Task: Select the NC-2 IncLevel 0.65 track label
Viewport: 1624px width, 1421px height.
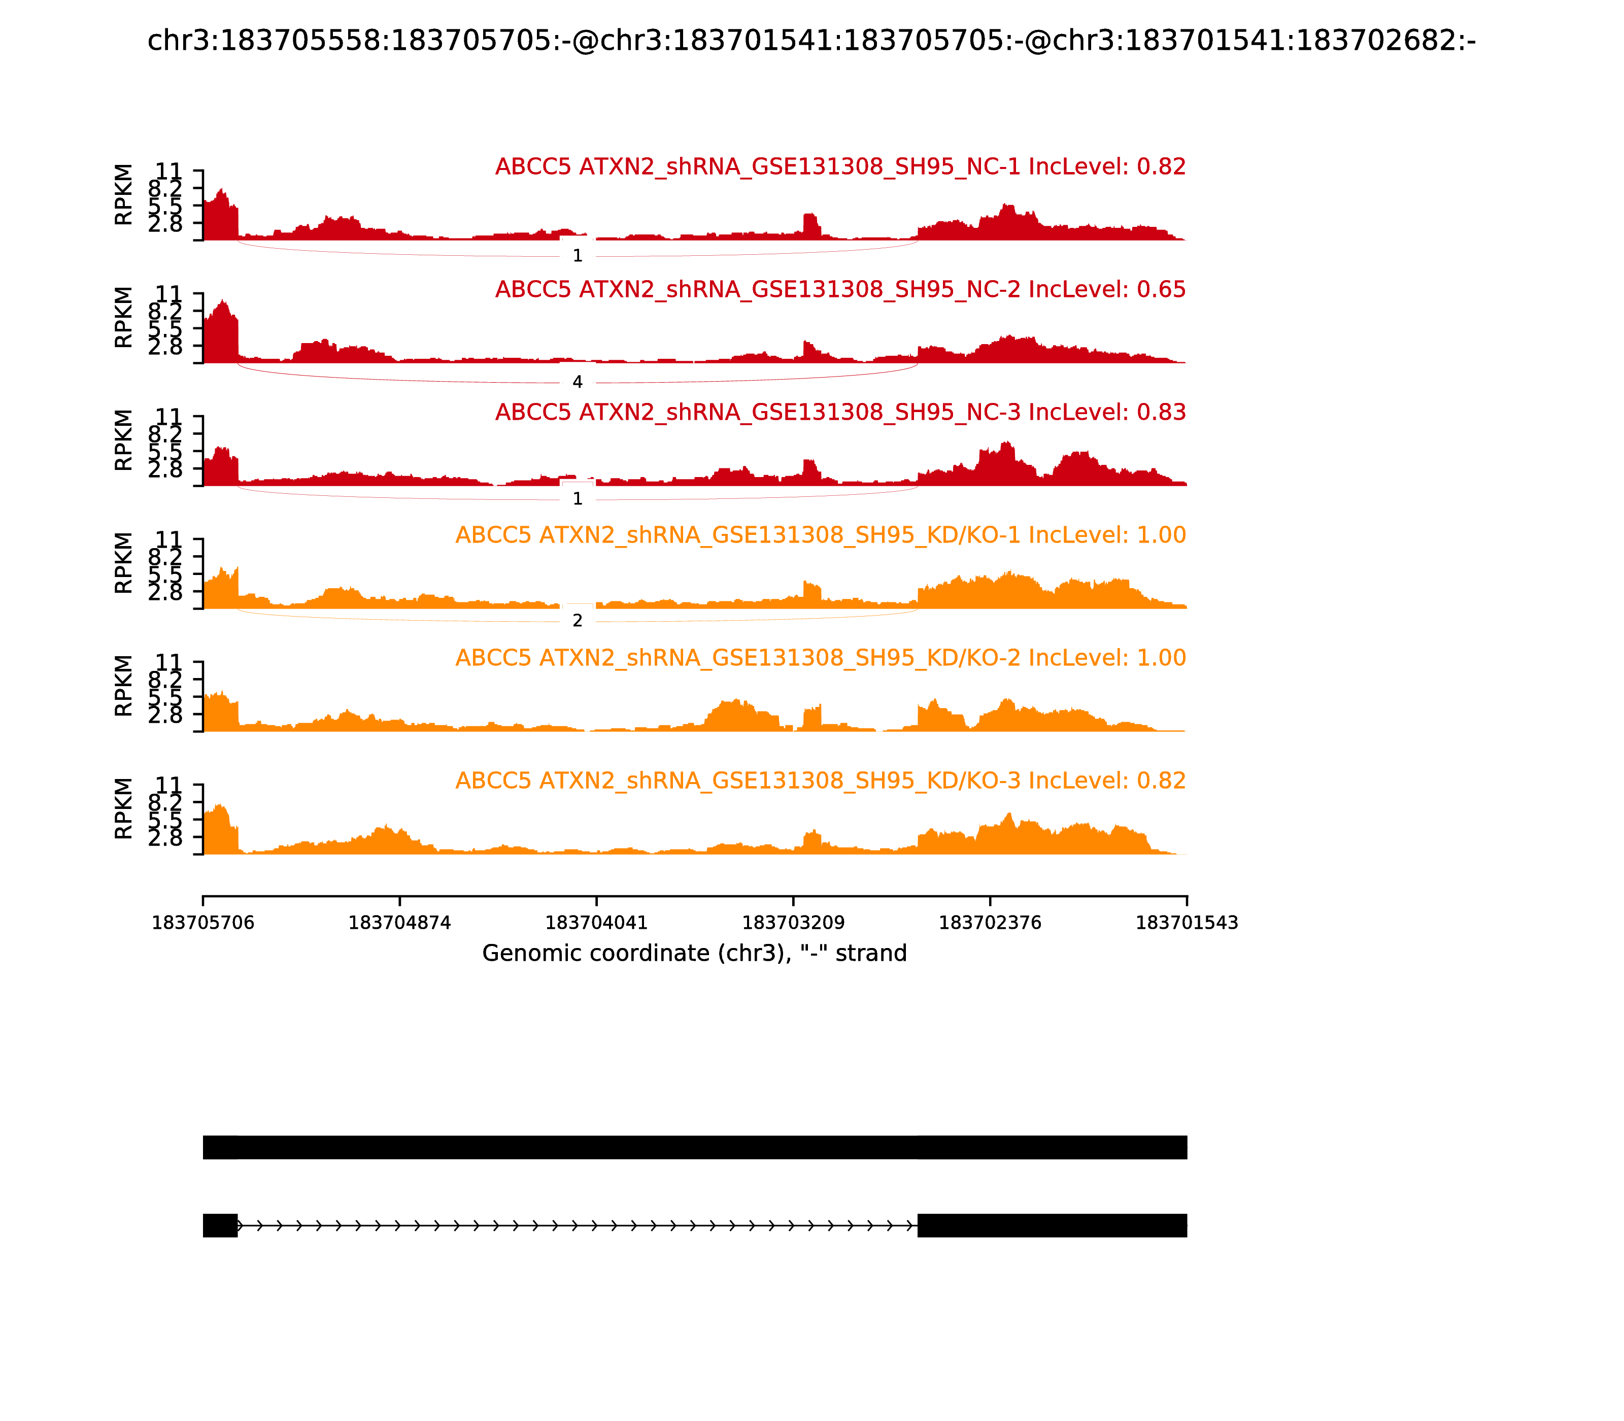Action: click(x=840, y=289)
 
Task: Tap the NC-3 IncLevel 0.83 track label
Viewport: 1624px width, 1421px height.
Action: click(x=840, y=412)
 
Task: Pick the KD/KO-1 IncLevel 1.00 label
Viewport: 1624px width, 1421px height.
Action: click(x=820, y=535)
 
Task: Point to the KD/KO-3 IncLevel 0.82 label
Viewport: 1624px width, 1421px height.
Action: click(x=820, y=781)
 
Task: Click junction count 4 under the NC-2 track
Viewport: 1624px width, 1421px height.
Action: click(x=578, y=382)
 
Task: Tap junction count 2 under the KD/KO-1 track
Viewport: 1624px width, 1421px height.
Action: click(x=578, y=621)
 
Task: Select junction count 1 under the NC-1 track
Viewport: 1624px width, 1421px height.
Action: click(x=578, y=256)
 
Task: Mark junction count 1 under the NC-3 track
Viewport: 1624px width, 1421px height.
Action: click(x=578, y=499)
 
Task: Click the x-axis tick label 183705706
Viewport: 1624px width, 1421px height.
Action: click(x=203, y=923)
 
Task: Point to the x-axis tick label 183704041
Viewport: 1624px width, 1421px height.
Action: click(x=596, y=923)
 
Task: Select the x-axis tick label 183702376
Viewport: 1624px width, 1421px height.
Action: click(x=990, y=923)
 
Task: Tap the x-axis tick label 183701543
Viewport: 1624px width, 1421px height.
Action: click(x=1187, y=923)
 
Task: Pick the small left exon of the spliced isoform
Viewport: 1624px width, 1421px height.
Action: click(x=220, y=1225)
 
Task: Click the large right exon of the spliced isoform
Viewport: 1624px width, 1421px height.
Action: click(x=1052, y=1225)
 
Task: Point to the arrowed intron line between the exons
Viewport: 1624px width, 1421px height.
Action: click(x=578, y=1225)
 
